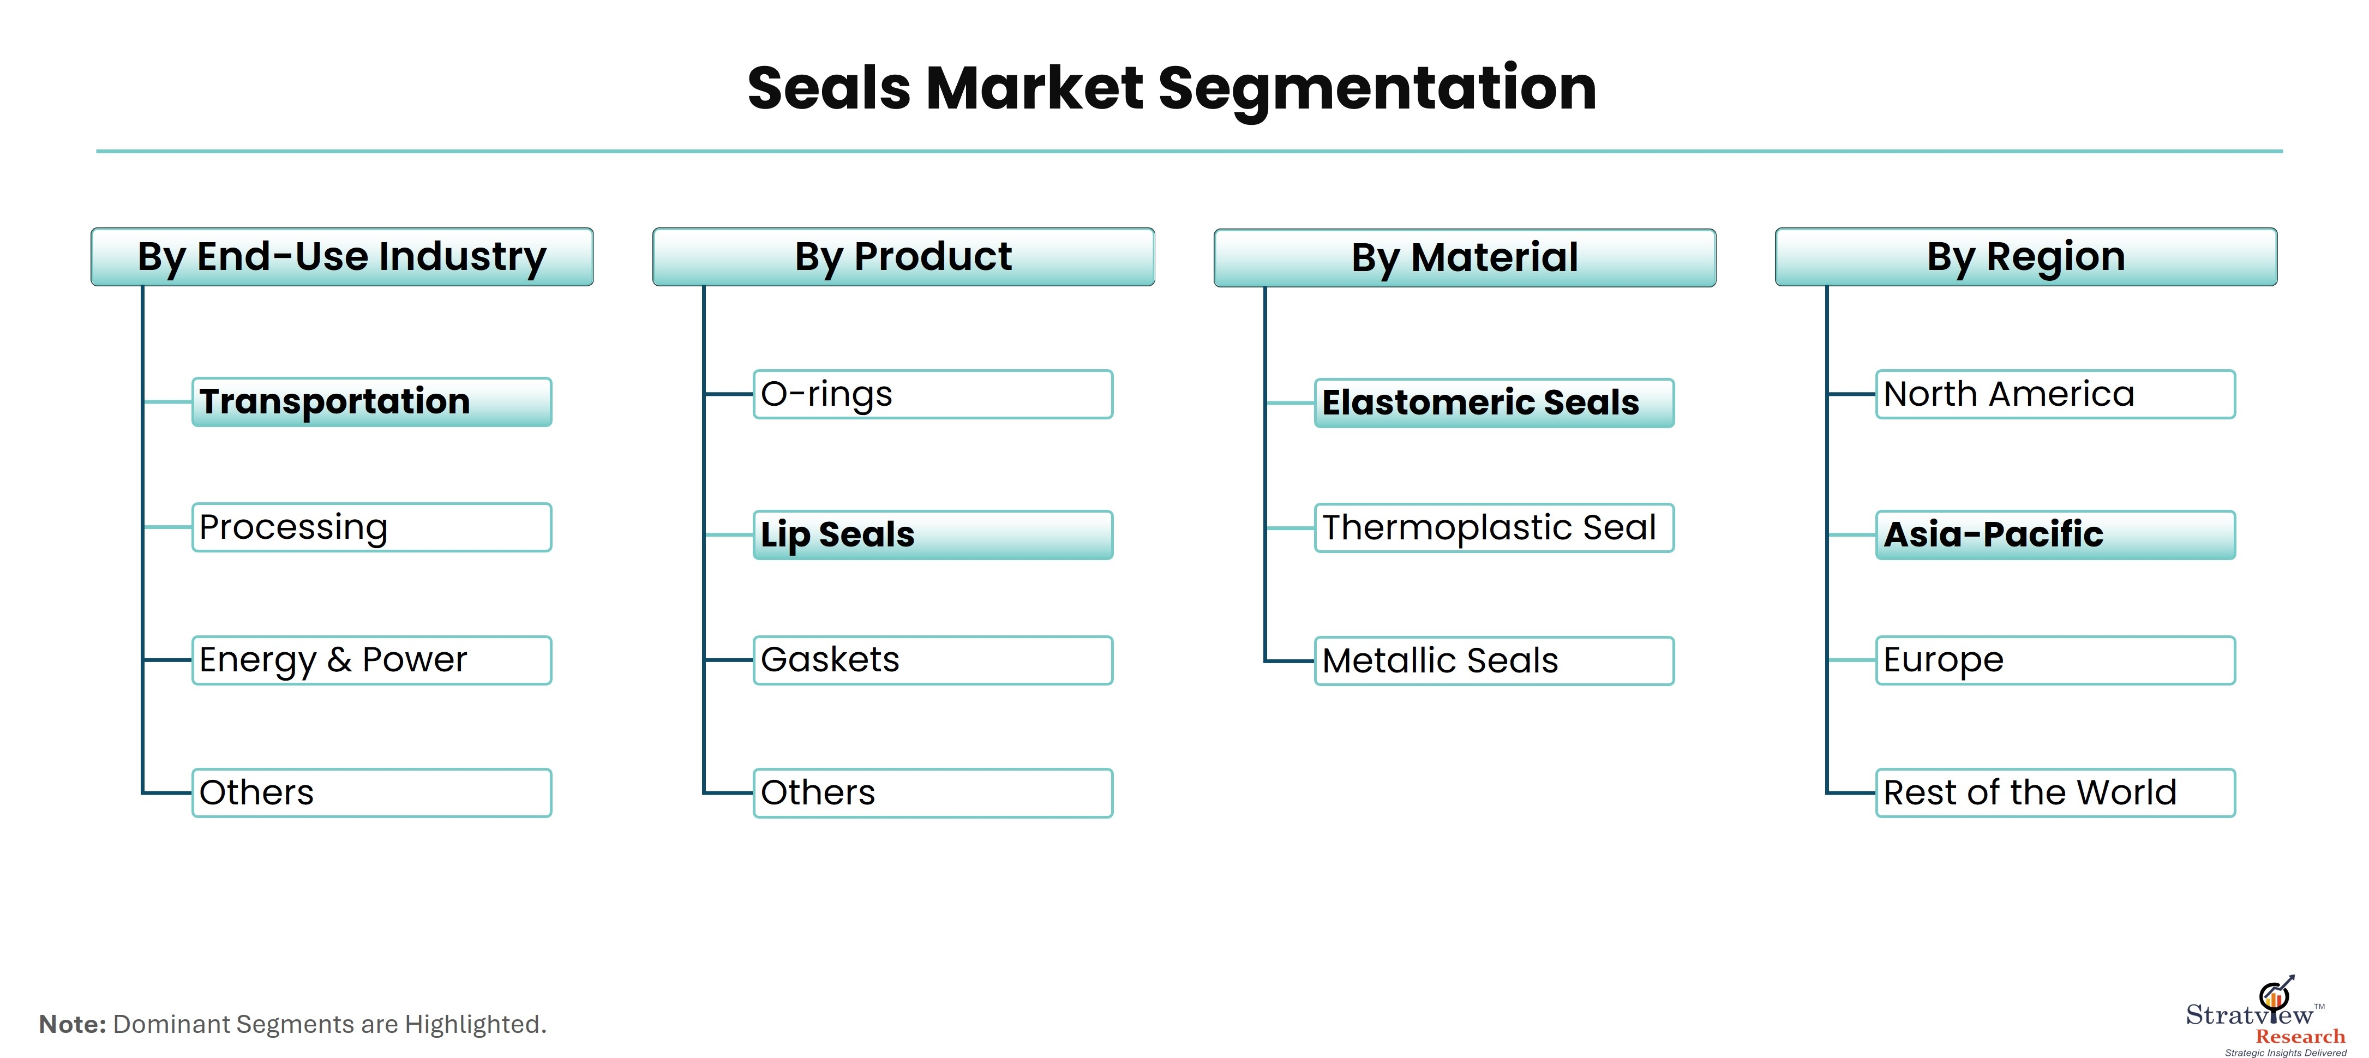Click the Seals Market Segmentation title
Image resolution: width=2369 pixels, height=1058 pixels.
[x=1172, y=89]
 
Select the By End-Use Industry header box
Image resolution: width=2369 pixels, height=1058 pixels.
[x=342, y=256]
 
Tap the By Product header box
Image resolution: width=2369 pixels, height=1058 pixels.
[x=903, y=256]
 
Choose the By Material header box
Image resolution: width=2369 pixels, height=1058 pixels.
[x=1465, y=257]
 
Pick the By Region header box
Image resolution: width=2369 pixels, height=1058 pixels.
[x=2026, y=256]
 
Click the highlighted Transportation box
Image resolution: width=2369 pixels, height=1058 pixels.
[x=371, y=402]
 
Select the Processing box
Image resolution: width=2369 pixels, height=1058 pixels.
[x=371, y=527]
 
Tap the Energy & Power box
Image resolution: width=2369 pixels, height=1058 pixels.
[x=371, y=660]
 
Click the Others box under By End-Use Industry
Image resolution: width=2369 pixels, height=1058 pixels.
[x=371, y=792]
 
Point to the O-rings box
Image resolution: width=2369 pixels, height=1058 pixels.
[x=933, y=394]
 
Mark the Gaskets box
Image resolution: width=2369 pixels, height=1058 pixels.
[x=933, y=660]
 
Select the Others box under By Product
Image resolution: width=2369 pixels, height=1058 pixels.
[x=933, y=792]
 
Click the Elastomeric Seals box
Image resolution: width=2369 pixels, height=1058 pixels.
[x=1495, y=402]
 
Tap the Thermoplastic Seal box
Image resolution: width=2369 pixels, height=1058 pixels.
[x=1495, y=527]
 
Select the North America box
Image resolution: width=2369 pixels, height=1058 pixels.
[x=2055, y=394]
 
